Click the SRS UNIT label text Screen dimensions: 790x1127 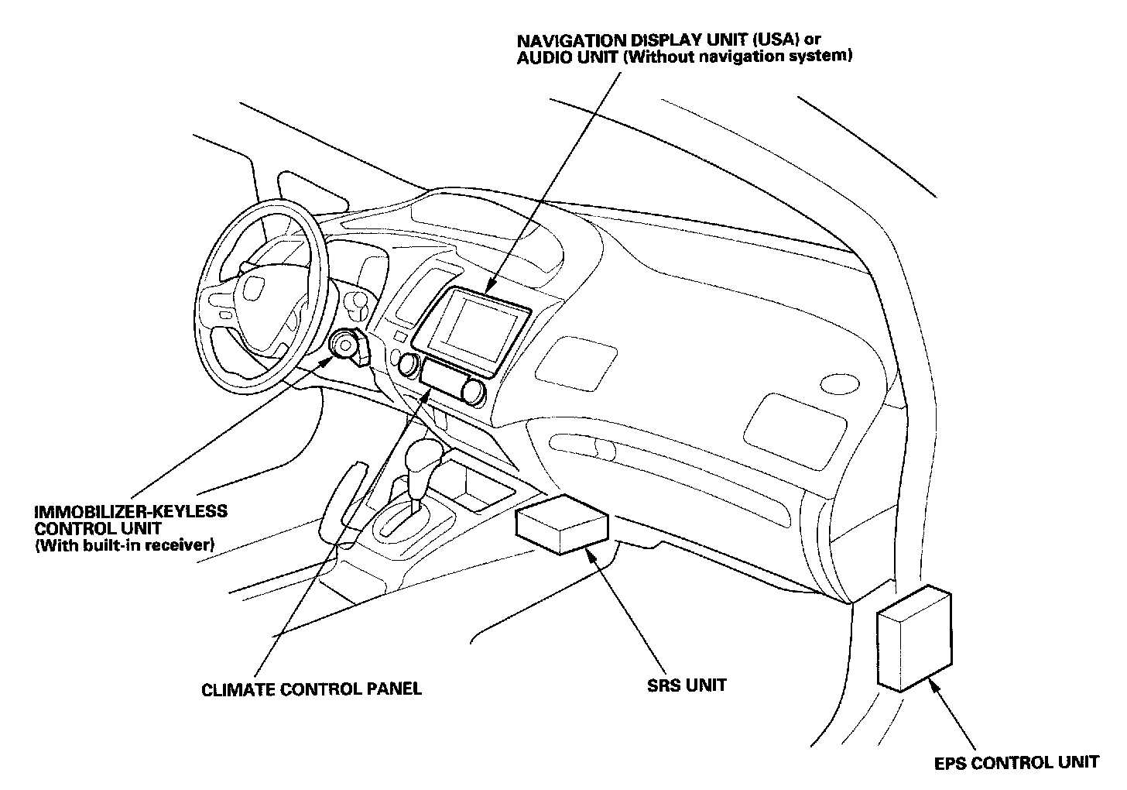coord(687,685)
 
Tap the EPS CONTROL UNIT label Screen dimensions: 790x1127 coord(1016,762)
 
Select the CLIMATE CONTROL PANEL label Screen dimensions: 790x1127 coord(311,689)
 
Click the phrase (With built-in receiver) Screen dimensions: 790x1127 coord(124,546)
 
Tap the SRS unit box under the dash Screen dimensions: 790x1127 coord(561,525)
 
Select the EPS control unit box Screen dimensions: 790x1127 coord(913,638)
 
